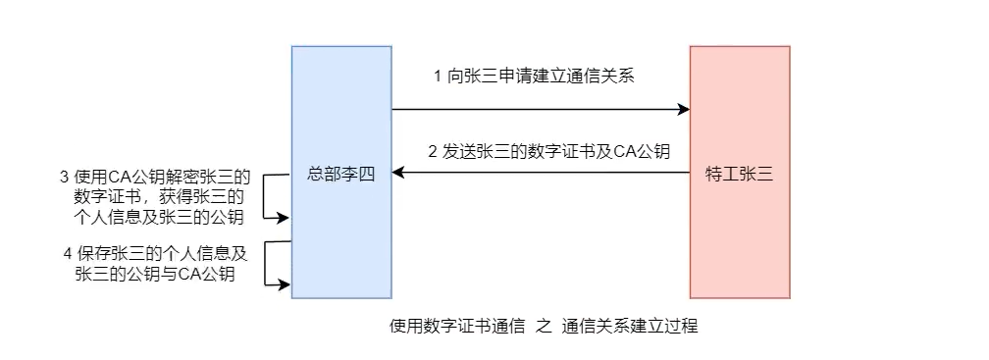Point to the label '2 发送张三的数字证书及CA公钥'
click(x=548, y=152)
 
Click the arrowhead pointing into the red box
click(x=683, y=110)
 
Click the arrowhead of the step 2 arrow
click(x=398, y=174)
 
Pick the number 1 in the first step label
click(x=437, y=77)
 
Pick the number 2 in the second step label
click(x=433, y=152)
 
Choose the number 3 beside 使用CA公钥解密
click(x=65, y=178)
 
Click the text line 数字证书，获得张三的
click(x=158, y=197)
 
